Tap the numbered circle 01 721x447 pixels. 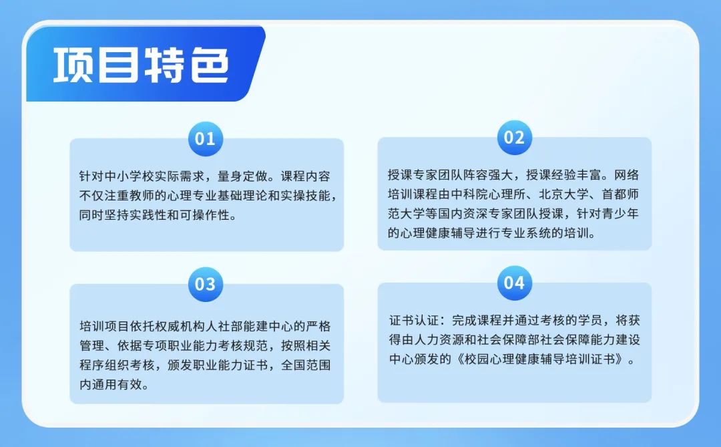pos(206,139)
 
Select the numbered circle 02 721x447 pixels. pos(514,138)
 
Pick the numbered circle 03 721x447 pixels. pos(206,284)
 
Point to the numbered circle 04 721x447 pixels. pos(514,283)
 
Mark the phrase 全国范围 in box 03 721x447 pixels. pos(306,365)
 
